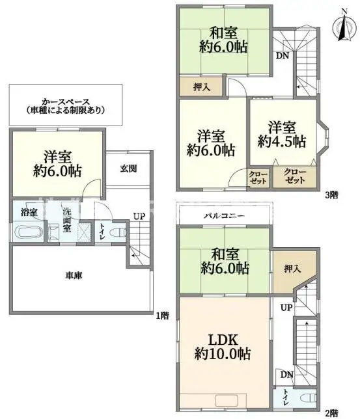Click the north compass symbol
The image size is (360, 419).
point(341,26)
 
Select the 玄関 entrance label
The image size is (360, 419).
point(128,169)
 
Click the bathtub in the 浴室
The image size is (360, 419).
point(28,232)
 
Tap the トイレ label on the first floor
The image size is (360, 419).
point(103,232)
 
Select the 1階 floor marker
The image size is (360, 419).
point(163,316)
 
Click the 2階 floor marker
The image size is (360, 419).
point(332,412)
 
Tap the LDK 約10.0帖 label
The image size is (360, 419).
point(223,347)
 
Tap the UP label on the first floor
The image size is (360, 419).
point(139,216)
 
